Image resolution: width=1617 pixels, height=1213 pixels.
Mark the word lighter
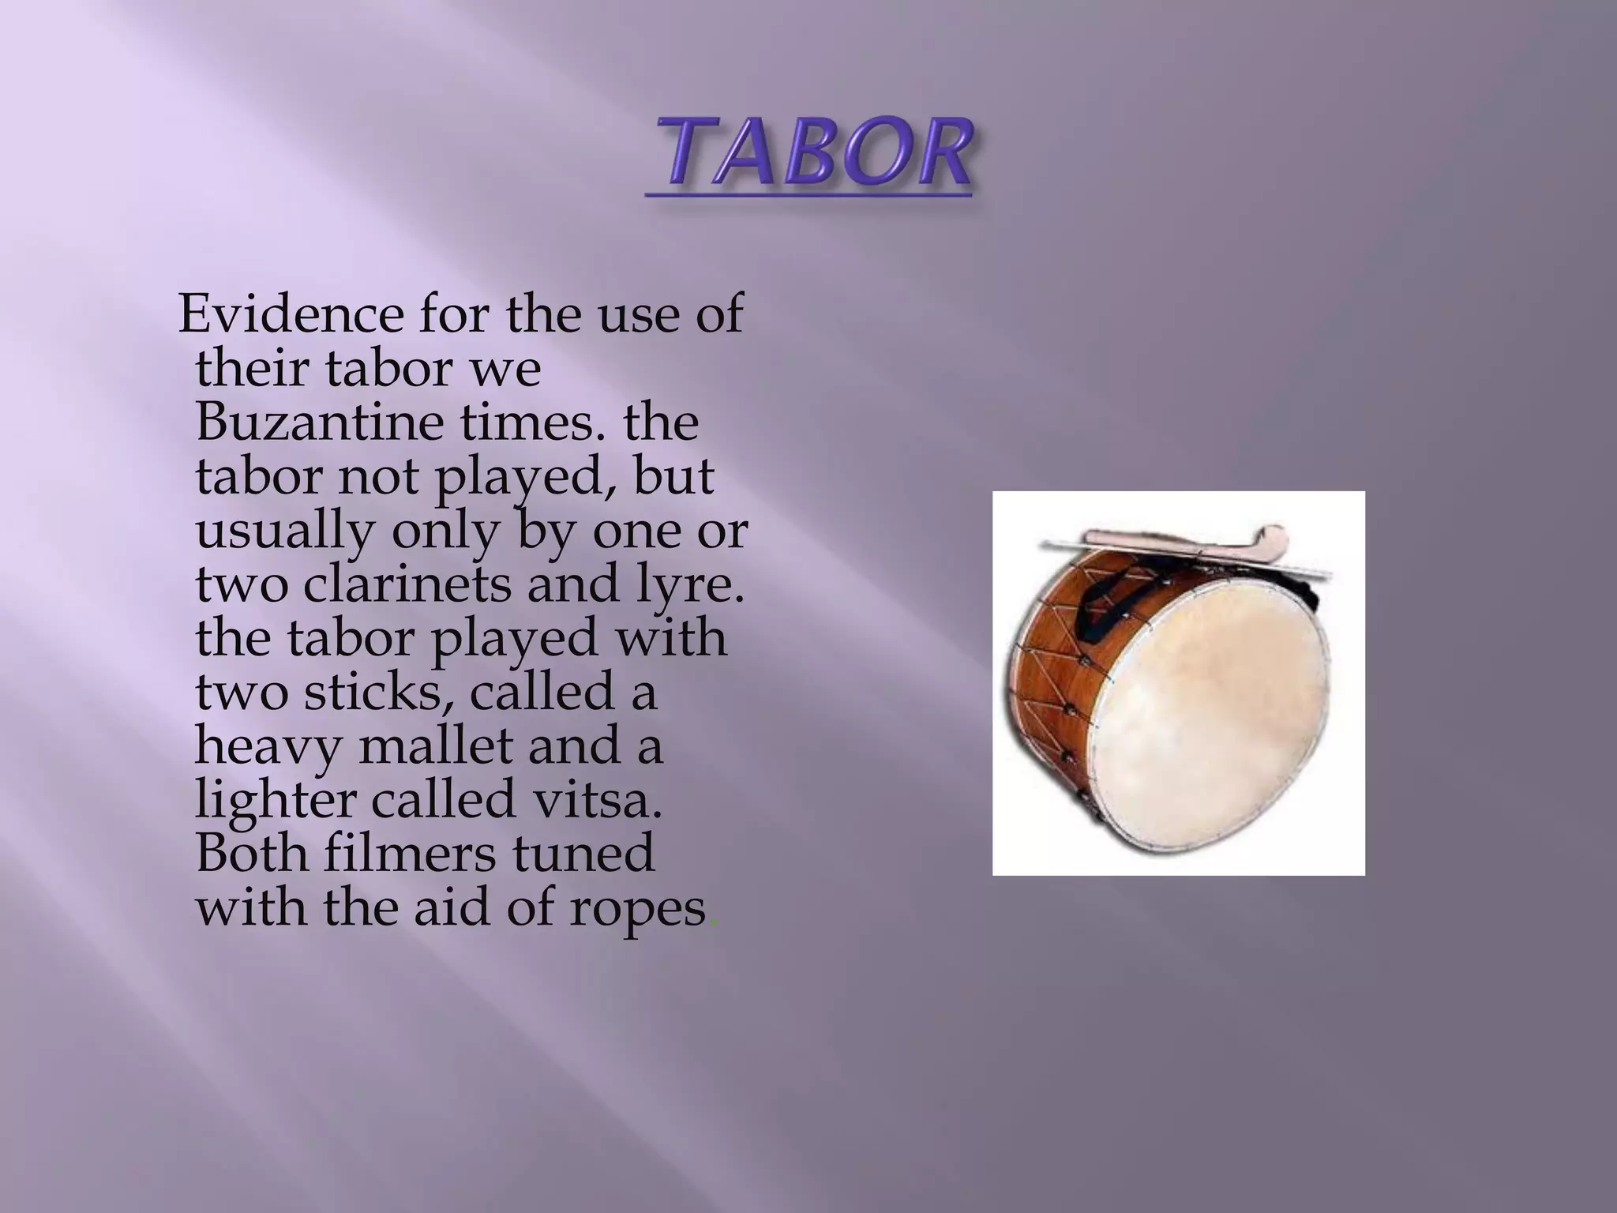(276, 802)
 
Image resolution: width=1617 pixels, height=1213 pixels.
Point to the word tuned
(583, 854)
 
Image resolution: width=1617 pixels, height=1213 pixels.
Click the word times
(526, 422)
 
